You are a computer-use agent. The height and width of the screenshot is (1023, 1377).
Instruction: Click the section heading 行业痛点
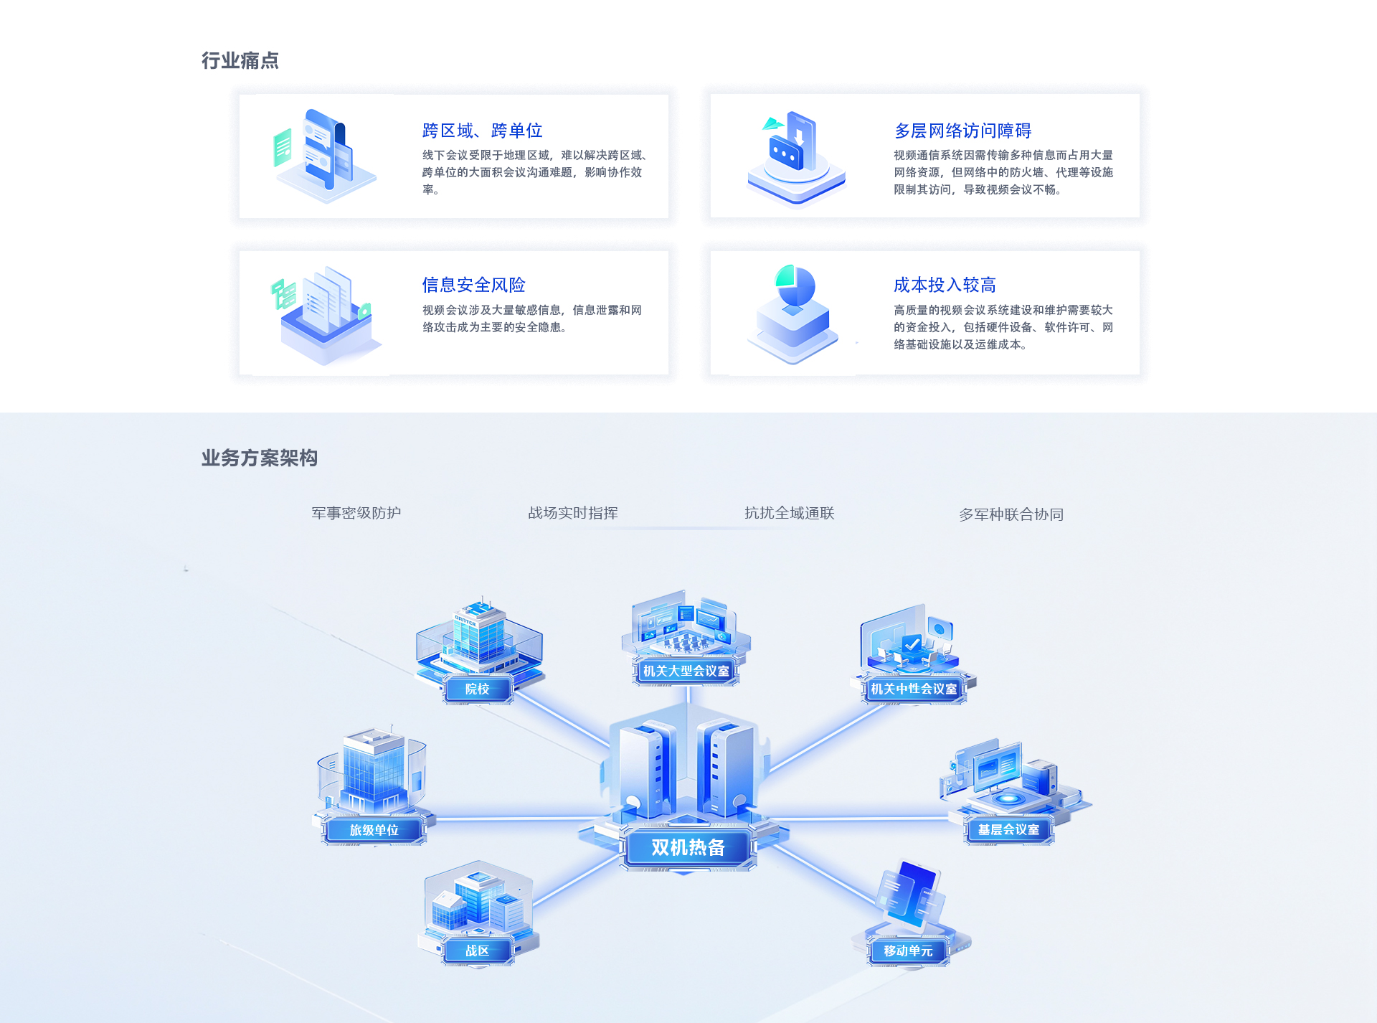[240, 60]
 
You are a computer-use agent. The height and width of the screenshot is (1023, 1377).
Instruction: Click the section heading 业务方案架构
[260, 458]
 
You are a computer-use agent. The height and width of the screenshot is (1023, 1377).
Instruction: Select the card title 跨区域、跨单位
[482, 131]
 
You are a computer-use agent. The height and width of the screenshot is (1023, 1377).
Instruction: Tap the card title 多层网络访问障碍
[962, 131]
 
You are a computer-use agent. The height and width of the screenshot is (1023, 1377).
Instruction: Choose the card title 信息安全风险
[473, 285]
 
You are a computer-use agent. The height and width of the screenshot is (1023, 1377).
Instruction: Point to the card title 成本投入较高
[945, 285]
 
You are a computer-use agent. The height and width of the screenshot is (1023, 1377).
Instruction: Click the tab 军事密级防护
[356, 513]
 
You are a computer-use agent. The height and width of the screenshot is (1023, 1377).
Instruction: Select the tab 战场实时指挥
[573, 513]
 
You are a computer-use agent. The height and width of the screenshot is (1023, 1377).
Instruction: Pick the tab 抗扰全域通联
[790, 513]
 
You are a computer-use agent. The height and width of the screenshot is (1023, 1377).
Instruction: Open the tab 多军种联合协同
[1011, 514]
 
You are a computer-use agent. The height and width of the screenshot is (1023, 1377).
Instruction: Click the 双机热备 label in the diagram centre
[688, 847]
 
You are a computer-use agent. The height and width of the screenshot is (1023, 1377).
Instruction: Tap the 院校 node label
[477, 689]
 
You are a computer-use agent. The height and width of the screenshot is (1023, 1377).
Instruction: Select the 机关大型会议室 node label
[686, 671]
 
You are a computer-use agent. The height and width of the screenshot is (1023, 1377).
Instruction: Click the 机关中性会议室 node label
[914, 689]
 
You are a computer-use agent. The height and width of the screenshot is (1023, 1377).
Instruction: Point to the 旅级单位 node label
[374, 830]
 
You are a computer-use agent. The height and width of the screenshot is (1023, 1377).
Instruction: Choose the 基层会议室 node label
[1008, 829]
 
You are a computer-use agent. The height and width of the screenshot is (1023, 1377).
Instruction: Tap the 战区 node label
[477, 951]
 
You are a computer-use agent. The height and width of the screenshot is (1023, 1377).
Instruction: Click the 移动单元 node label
[908, 951]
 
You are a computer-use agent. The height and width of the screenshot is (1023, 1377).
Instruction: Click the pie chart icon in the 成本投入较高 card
[795, 286]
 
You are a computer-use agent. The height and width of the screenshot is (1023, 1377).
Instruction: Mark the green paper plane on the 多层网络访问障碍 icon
[772, 123]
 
